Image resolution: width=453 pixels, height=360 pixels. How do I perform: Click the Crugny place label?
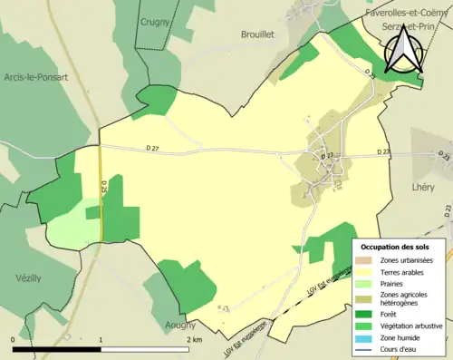pos(157,21)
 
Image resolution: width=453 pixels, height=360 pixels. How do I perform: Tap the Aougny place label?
pos(181,325)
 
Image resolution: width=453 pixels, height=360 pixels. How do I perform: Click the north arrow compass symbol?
pos(403,51)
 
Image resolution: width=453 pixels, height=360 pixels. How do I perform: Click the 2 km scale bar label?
pos(195,339)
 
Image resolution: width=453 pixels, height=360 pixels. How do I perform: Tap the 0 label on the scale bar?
pos(14,339)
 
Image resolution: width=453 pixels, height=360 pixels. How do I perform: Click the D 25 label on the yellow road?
pos(104,189)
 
